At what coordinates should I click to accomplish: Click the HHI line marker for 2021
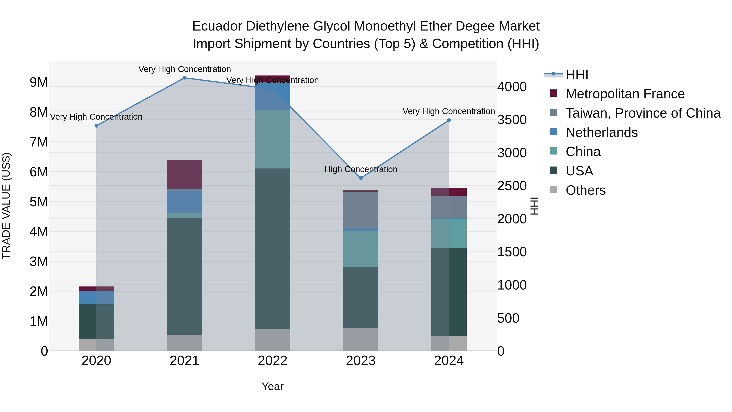point(184,78)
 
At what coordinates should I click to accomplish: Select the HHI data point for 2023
point(361,178)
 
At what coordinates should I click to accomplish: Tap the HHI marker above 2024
point(449,120)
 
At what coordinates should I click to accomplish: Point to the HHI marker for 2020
point(96,126)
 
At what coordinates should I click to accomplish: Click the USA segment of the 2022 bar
point(272,249)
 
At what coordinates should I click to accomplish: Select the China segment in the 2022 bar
point(272,139)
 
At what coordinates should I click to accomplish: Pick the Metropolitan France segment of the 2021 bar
point(184,174)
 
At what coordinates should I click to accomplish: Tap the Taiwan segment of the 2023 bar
point(361,210)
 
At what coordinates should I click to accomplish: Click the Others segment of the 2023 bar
point(361,339)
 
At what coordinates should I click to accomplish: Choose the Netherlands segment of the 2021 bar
point(184,202)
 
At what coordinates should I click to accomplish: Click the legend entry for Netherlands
point(602,132)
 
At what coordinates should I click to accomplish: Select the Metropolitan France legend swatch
point(553,93)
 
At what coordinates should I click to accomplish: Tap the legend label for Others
point(586,190)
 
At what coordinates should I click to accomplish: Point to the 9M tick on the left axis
point(39,82)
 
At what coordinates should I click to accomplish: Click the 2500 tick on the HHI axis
point(512,186)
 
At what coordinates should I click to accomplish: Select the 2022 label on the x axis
point(272,361)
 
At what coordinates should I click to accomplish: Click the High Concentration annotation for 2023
point(361,169)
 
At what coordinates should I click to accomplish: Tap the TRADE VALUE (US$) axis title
point(6,206)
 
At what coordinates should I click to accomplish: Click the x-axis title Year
point(272,386)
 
